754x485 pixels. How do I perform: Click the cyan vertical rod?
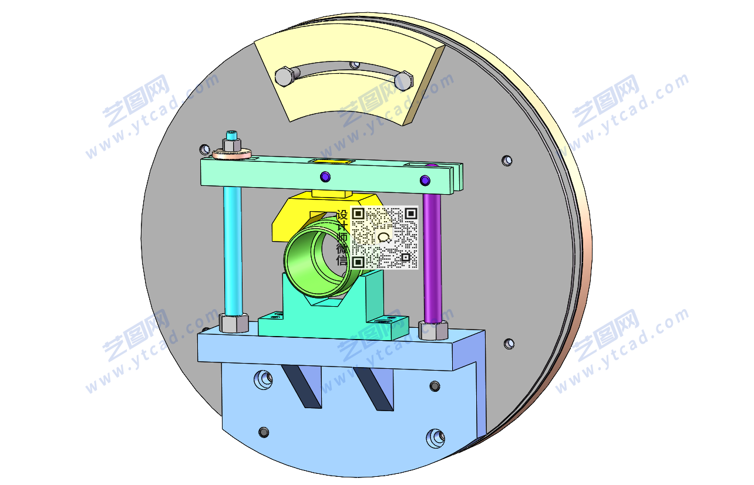pos(233,250)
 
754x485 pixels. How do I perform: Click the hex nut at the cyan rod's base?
pos(234,323)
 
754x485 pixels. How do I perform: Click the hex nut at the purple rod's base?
pos(433,330)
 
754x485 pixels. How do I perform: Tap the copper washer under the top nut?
pos(232,154)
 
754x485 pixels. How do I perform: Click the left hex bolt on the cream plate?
pos(285,77)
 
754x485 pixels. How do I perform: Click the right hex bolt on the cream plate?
pos(403,81)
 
